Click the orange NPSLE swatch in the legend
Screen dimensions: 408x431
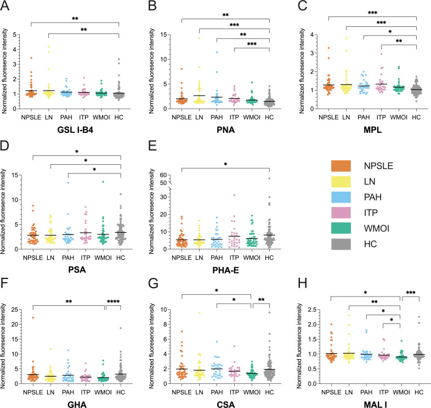(344, 166)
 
